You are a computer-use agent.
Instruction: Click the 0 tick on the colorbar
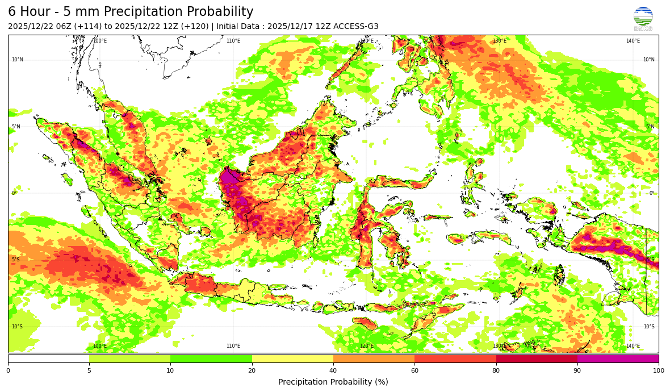coord(8,370)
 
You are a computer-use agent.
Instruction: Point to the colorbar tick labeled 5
coord(89,370)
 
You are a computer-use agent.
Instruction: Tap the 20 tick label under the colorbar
coord(252,370)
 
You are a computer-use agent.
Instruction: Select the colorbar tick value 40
coord(333,370)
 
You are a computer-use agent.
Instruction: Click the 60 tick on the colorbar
coord(414,370)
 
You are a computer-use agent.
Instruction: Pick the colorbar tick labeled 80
coord(496,370)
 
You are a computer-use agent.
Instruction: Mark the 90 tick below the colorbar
coord(577,370)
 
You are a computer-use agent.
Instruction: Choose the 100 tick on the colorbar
coord(658,370)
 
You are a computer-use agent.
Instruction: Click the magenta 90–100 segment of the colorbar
coord(618,358)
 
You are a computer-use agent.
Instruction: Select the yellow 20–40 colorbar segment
coord(292,358)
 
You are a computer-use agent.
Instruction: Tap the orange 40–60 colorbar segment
coord(374,358)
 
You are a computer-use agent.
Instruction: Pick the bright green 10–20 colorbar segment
coord(211,358)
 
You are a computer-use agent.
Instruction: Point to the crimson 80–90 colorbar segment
coord(537,358)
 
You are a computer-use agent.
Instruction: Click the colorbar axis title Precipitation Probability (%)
coord(333,382)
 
